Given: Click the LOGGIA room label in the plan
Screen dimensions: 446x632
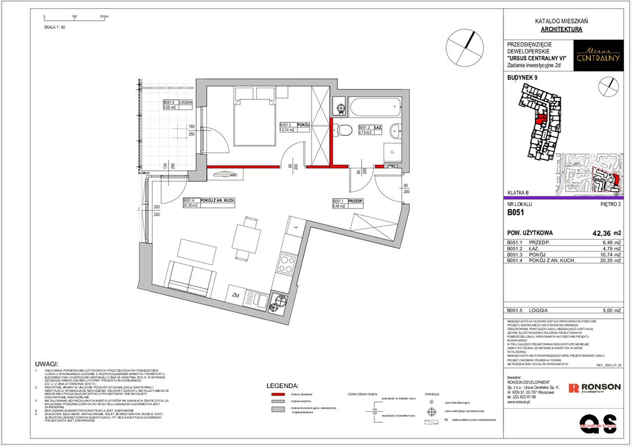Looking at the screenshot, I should point(185,101).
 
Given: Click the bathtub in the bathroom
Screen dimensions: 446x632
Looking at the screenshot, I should point(373,106).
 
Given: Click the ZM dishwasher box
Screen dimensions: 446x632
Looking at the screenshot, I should point(235,295).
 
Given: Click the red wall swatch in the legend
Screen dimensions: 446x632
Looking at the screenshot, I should point(278,394).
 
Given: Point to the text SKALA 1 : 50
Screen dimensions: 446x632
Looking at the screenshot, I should point(55,27).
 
